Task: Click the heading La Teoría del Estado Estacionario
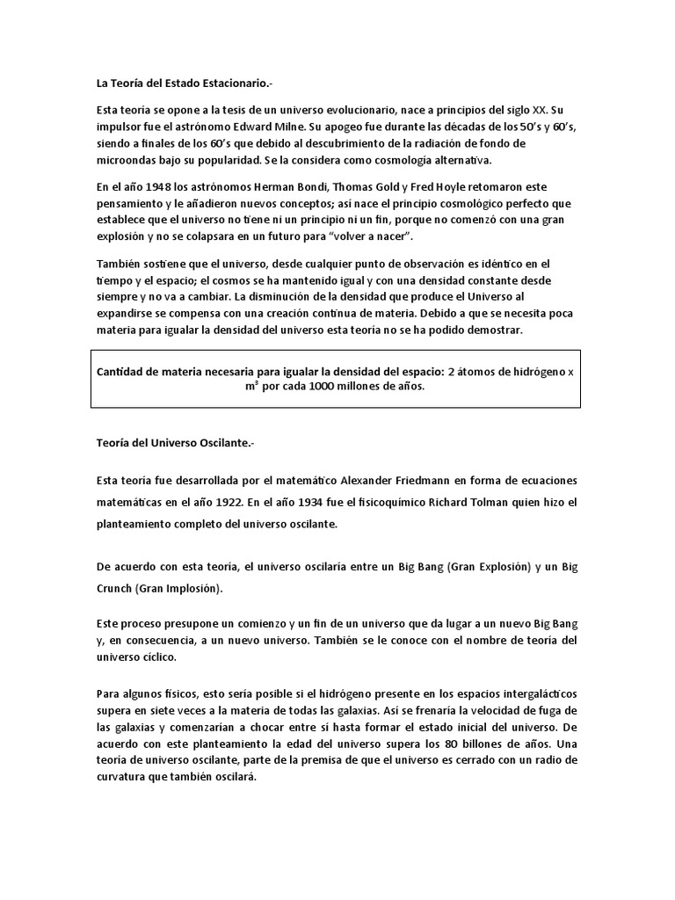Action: (178, 83)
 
